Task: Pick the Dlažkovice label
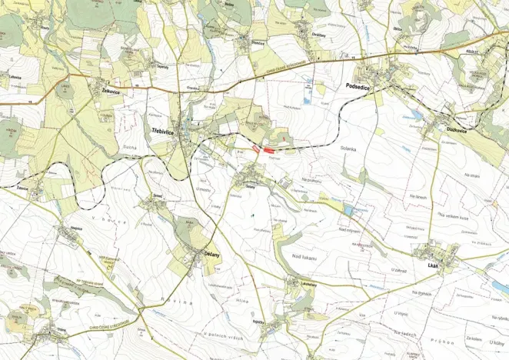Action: tap(459, 130)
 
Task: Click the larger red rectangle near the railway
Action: tap(268, 151)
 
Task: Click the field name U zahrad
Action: tap(398, 271)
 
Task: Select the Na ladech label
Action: tap(403, 332)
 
